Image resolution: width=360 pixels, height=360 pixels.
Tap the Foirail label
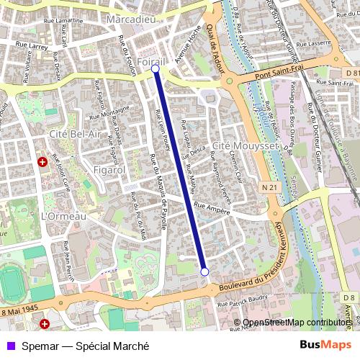[x=152, y=63]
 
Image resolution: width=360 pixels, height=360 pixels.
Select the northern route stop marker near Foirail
[x=156, y=70]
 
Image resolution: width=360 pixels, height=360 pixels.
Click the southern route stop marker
[x=204, y=271]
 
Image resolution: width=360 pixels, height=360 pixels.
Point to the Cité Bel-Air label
[x=75, y=134]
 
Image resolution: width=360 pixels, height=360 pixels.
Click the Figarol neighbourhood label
[x=109, y=169]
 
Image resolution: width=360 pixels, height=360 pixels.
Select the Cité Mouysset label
[x=235, y=145]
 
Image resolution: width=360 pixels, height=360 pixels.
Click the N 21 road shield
[x=270, y=187]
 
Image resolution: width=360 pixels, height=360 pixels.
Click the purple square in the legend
[x=9, y=345]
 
